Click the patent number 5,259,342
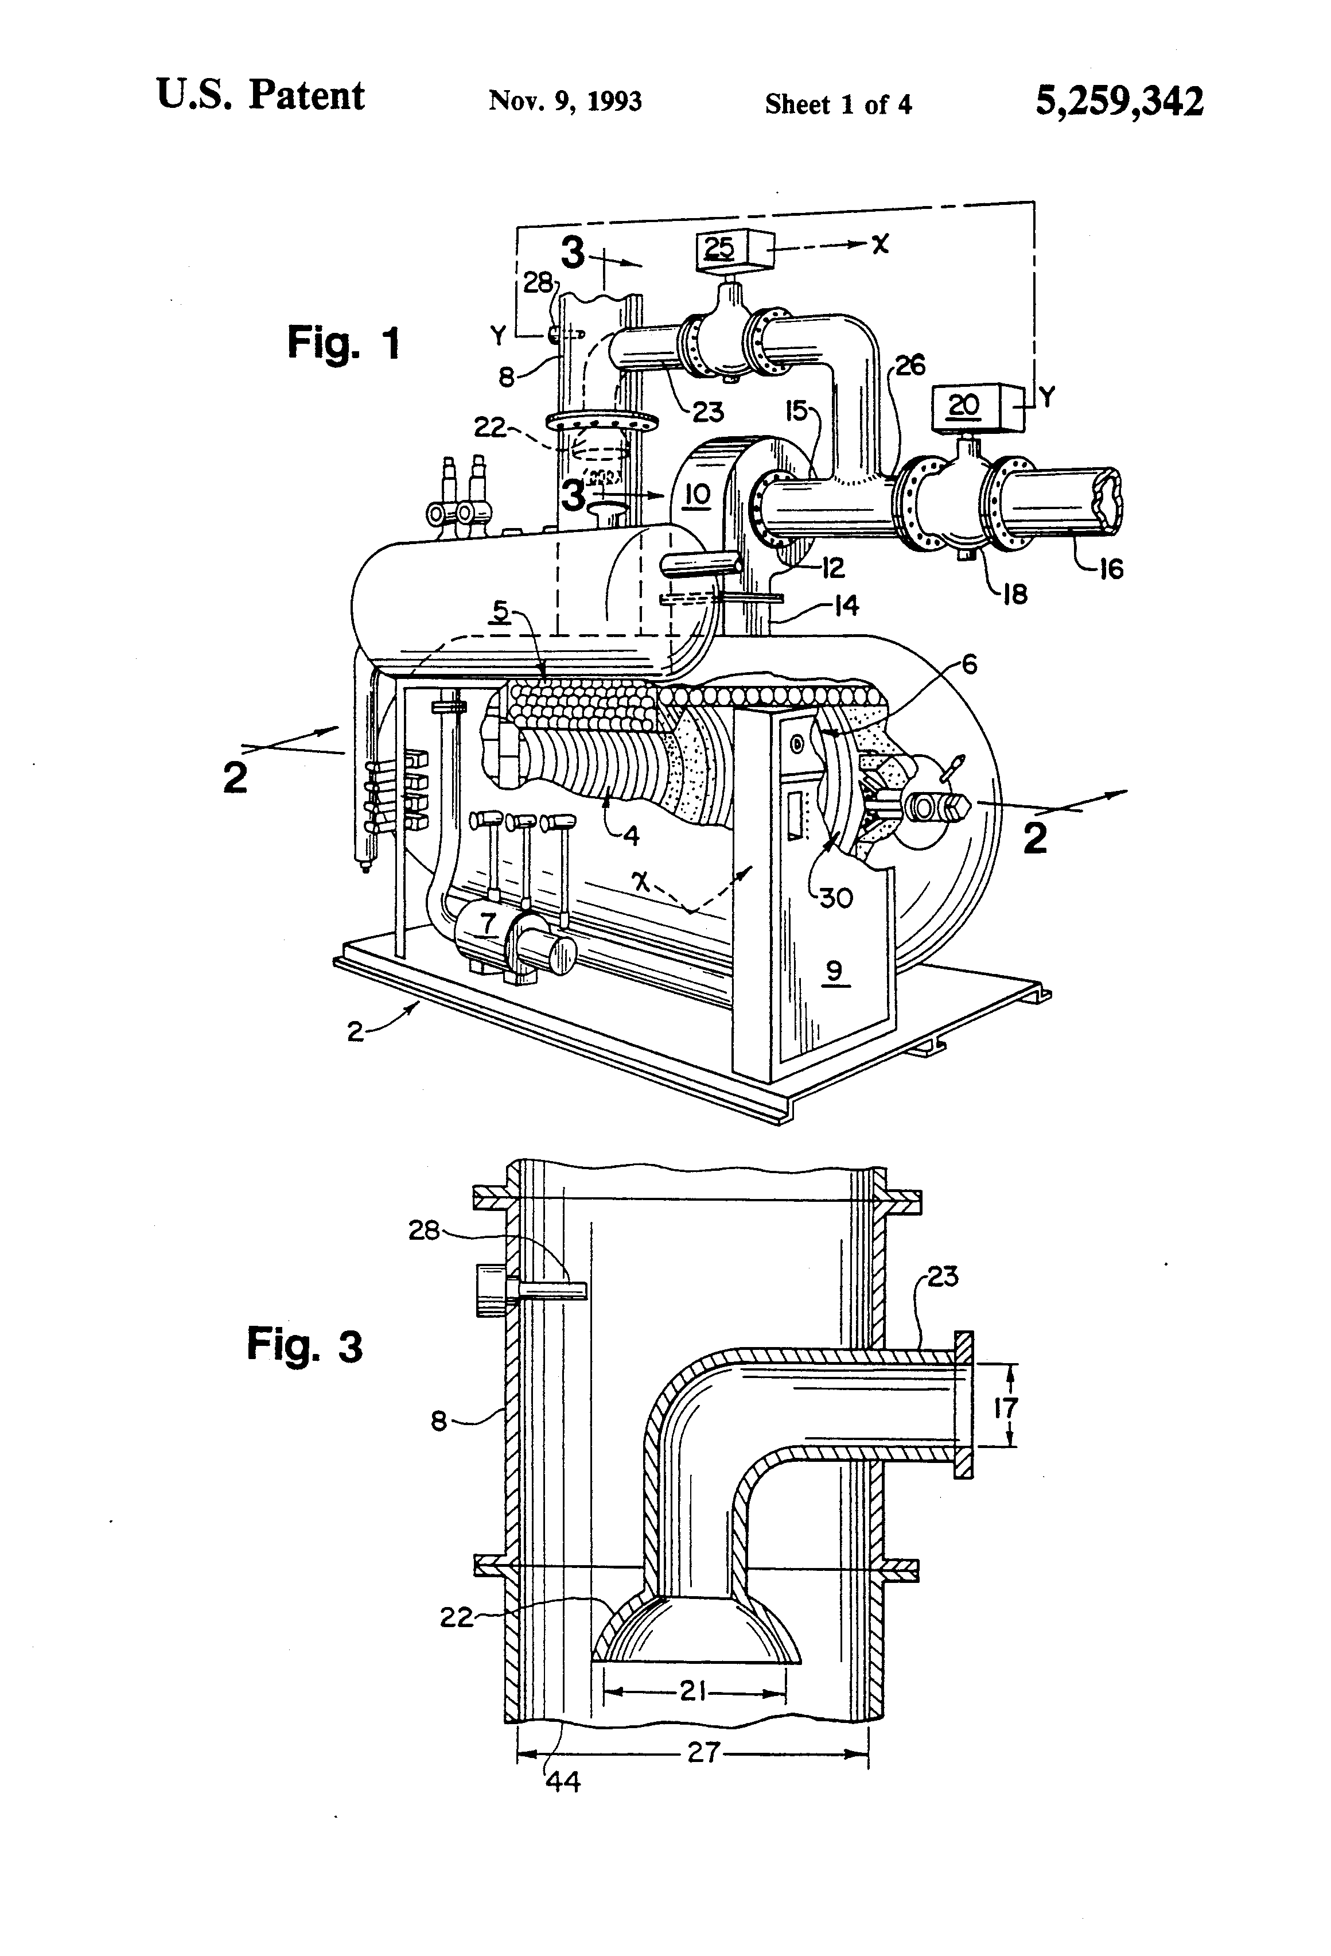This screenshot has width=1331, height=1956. pos(1118,102)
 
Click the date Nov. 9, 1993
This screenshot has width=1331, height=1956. pos(565,102)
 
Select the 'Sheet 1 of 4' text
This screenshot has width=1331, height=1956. pos(838,104)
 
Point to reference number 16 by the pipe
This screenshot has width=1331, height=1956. pos(1111,570)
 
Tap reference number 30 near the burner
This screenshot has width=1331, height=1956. pos(836,898)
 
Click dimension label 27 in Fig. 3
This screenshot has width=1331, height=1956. pos(703,1753)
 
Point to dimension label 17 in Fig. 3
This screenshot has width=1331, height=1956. pos(1006,1408)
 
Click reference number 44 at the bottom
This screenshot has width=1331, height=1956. pos(563,1782)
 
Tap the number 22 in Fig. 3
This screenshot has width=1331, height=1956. pos(457,1617)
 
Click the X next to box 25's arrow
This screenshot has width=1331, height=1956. pos(880,244)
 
